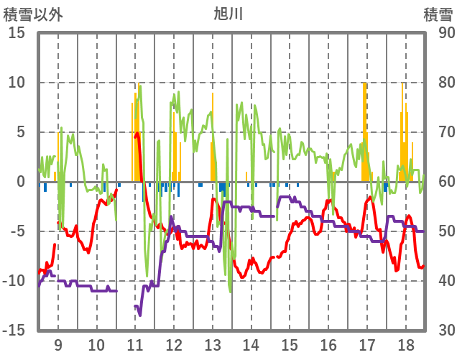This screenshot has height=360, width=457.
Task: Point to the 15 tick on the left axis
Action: [17, 33]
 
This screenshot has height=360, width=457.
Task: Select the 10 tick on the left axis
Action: [17, 83]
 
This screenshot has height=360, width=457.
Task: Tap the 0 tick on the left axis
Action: [22, 182]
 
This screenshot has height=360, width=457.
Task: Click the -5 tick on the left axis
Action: [17, 231]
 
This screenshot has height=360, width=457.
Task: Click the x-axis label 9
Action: [57, 343]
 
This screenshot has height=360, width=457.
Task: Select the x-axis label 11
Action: [135, 343]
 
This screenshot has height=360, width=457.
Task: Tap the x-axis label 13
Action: [212, 343]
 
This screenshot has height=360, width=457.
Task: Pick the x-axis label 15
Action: [290, 343]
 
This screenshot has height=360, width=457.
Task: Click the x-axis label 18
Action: [405, 343]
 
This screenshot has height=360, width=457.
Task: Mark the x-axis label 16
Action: [328, 343]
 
